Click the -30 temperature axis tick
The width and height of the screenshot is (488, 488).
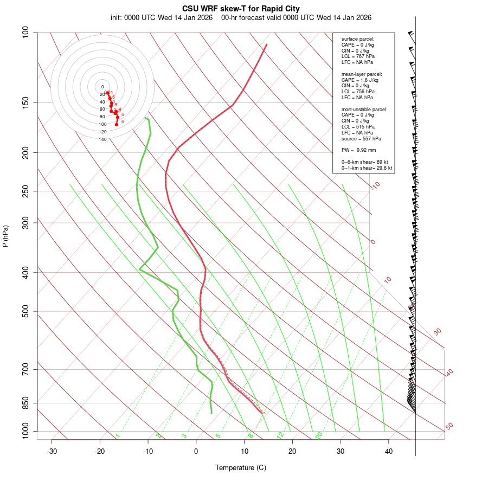coord(52,451)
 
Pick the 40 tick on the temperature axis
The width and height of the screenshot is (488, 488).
coord(389,451)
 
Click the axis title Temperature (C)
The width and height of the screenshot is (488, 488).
coord(241,467)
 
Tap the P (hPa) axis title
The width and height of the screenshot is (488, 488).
coord(5,236)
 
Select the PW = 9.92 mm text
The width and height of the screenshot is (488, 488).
coord(358,150)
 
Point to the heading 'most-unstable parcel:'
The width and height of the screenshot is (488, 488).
coord(364,109)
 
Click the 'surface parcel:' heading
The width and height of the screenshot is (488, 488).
coord(358,39)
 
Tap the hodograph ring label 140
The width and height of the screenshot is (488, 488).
coord(102,139)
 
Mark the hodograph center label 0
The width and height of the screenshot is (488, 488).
coord(102,87)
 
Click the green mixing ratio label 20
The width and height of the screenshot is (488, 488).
coord(319,435)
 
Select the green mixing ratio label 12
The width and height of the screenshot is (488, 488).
coord(280,435)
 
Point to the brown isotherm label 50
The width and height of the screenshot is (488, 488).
coord(449,427)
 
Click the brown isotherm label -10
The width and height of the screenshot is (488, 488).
coord(375,185)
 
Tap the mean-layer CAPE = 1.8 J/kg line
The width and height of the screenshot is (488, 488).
coord(360,80)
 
